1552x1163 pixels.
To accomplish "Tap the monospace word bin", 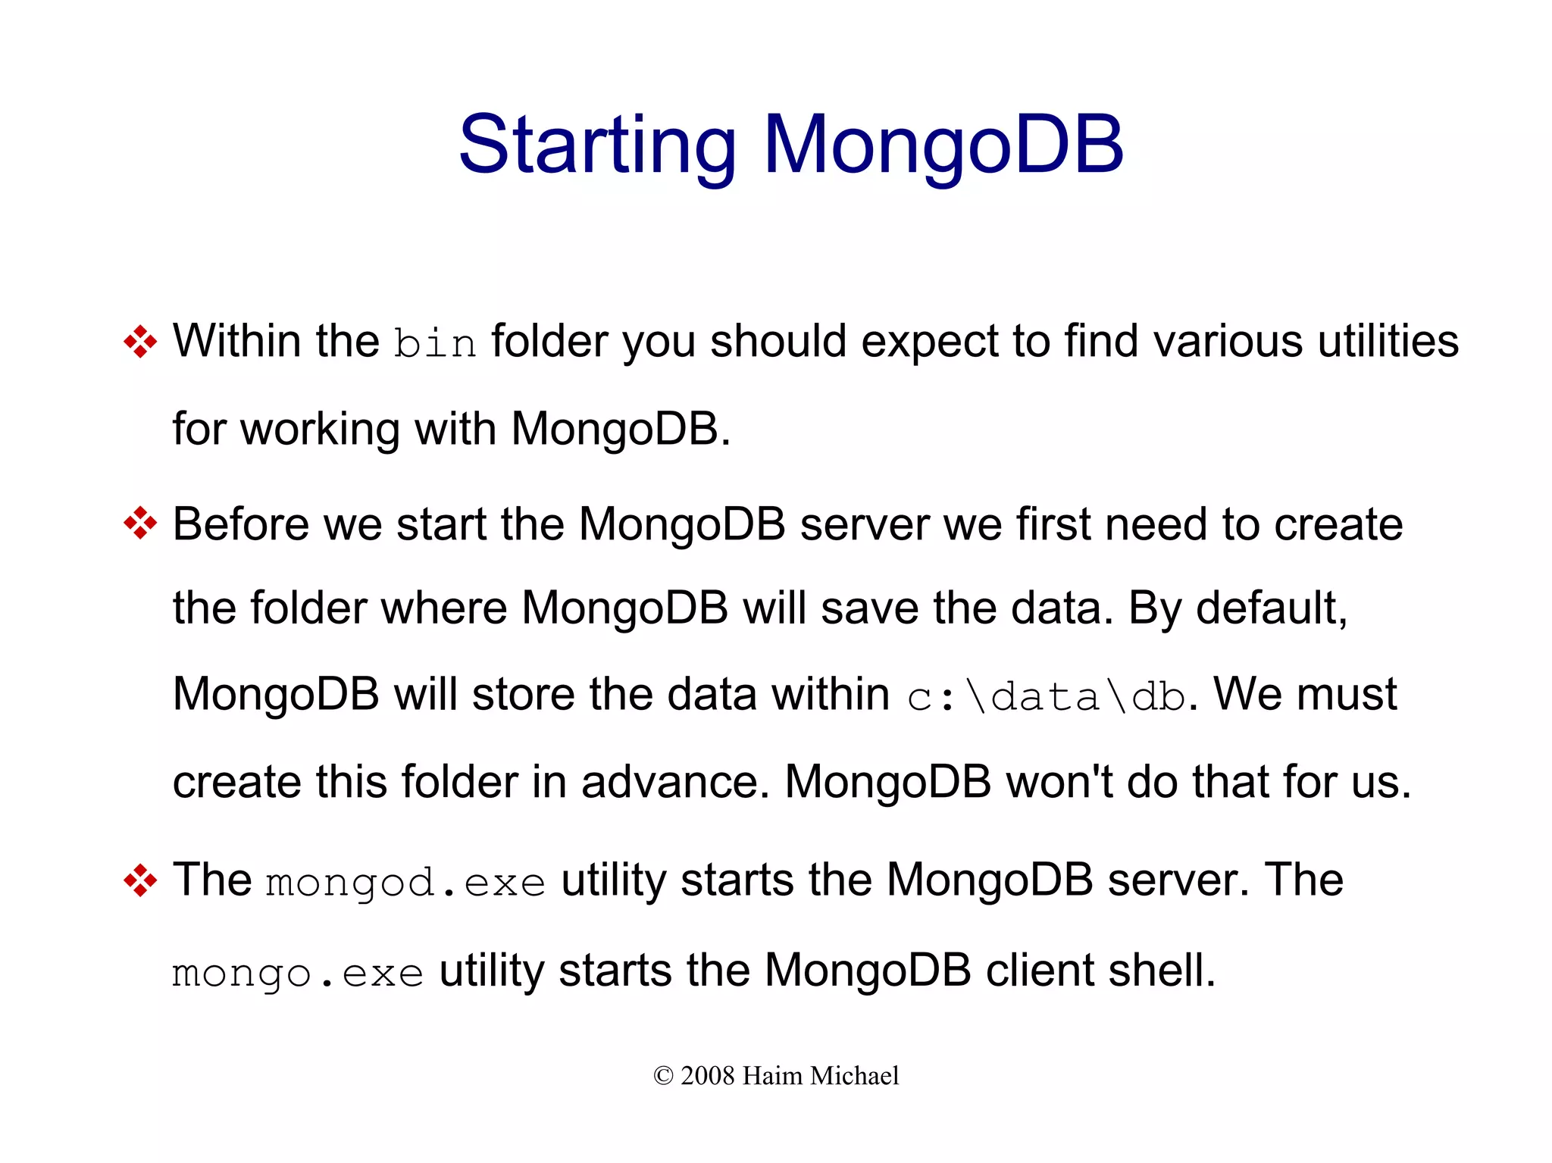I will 435,343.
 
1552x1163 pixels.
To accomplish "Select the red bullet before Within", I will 140,342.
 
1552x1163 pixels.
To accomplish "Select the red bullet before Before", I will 140,524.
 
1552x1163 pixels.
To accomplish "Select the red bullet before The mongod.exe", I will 140,880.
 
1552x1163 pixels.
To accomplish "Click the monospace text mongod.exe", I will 405,883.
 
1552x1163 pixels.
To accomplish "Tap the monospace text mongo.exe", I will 298,974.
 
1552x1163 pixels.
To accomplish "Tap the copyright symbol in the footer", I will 663,1076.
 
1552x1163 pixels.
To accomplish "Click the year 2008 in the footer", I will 708,1076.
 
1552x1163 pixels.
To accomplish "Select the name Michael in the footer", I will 853,1076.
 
